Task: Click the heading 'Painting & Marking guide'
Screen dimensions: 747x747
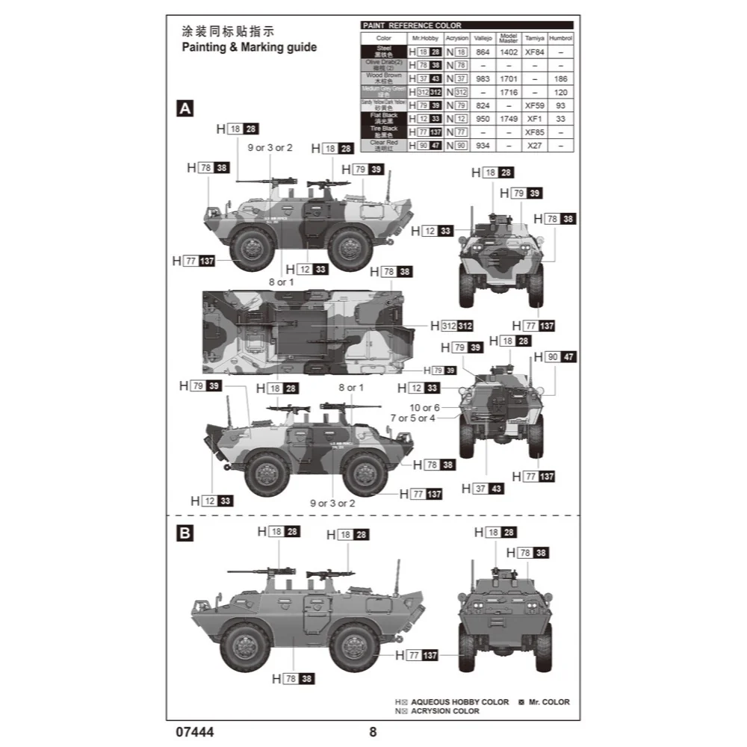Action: point(249,48)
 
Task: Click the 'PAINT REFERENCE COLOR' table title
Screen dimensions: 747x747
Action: point(412,25)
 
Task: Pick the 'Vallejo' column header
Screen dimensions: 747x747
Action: point(483,37)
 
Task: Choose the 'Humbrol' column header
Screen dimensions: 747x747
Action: point(560,37)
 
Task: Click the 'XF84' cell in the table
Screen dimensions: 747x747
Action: point(534,52)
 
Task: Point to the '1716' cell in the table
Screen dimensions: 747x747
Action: point(509,92)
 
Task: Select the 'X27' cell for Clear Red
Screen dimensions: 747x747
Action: point(534,146)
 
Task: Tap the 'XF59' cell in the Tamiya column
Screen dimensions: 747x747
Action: point(534,105)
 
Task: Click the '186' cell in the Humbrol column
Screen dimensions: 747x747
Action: point(560,78)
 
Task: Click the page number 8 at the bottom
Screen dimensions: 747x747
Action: point(373,732)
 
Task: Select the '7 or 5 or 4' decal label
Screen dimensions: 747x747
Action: point(412,418)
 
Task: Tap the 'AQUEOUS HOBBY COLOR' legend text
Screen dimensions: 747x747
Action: point(459,702)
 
